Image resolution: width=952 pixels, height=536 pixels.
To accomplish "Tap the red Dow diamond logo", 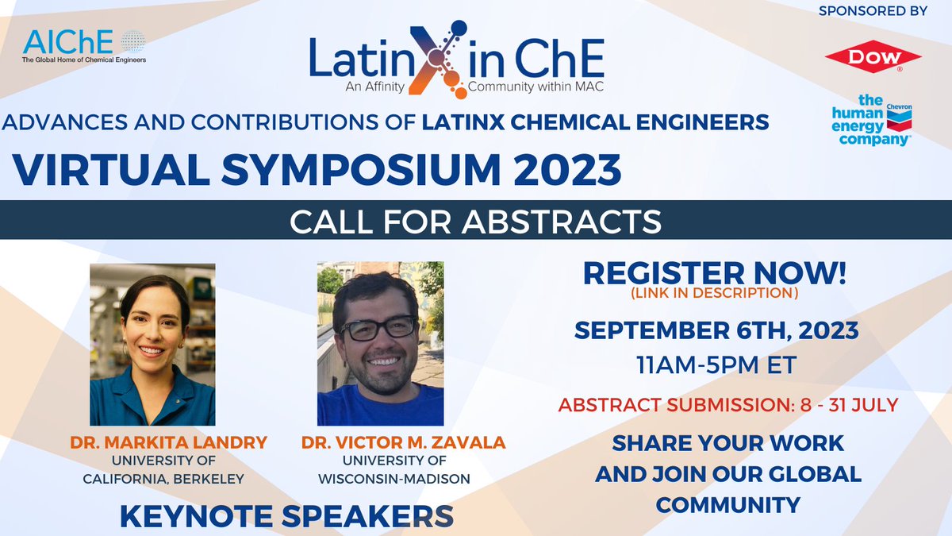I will [873, 56].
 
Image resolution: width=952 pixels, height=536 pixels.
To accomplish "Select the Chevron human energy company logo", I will [870, 120].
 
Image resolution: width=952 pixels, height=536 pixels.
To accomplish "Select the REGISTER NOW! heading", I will [714, 273].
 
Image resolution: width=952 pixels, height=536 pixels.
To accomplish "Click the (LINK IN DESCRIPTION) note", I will [714, 293].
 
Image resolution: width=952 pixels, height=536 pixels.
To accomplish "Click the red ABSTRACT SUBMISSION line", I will [727, 405].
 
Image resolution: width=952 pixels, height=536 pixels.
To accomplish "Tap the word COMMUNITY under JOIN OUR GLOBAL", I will [727, 504].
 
